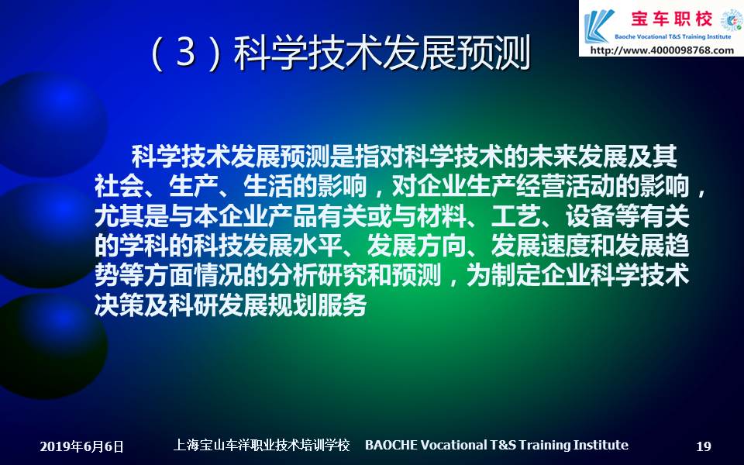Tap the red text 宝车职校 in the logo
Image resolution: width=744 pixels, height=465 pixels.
tap(671, 19)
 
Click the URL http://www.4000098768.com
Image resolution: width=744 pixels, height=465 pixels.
tap(662, 50)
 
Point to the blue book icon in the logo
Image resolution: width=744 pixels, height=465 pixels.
tap(598, 26)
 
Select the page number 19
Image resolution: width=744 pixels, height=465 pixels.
tap(704, 446)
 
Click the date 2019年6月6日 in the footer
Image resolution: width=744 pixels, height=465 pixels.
tap(81, 446)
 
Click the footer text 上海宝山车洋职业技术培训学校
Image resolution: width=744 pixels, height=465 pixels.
tap(261, 445)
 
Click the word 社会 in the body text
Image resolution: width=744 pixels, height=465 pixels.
tap(119, 186)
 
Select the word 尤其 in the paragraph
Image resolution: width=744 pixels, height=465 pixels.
tap(119, 216)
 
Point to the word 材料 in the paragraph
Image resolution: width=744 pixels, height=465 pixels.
tap(442, 216)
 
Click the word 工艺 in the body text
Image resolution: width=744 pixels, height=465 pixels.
tap(516, 216)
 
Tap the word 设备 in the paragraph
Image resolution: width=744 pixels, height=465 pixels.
tap(590, 216)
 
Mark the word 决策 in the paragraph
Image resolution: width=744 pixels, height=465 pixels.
tap(119, 305)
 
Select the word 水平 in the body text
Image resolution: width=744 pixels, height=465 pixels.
tap(318, 246)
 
